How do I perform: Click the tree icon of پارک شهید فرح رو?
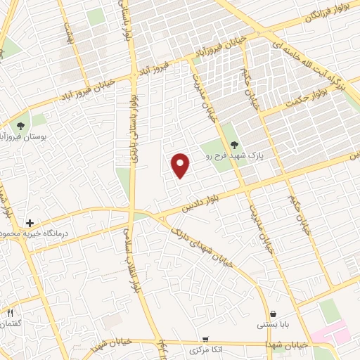coord(234,145)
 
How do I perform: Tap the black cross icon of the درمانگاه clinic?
coord(30,223)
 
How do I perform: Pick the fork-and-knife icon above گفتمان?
coord(11,313)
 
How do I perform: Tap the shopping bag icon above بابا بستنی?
coord(273,314)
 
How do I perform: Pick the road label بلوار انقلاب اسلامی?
coord(130,260)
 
